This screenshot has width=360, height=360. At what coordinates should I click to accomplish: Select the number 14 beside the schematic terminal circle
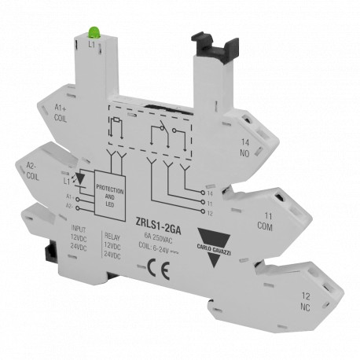pos(209,192)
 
